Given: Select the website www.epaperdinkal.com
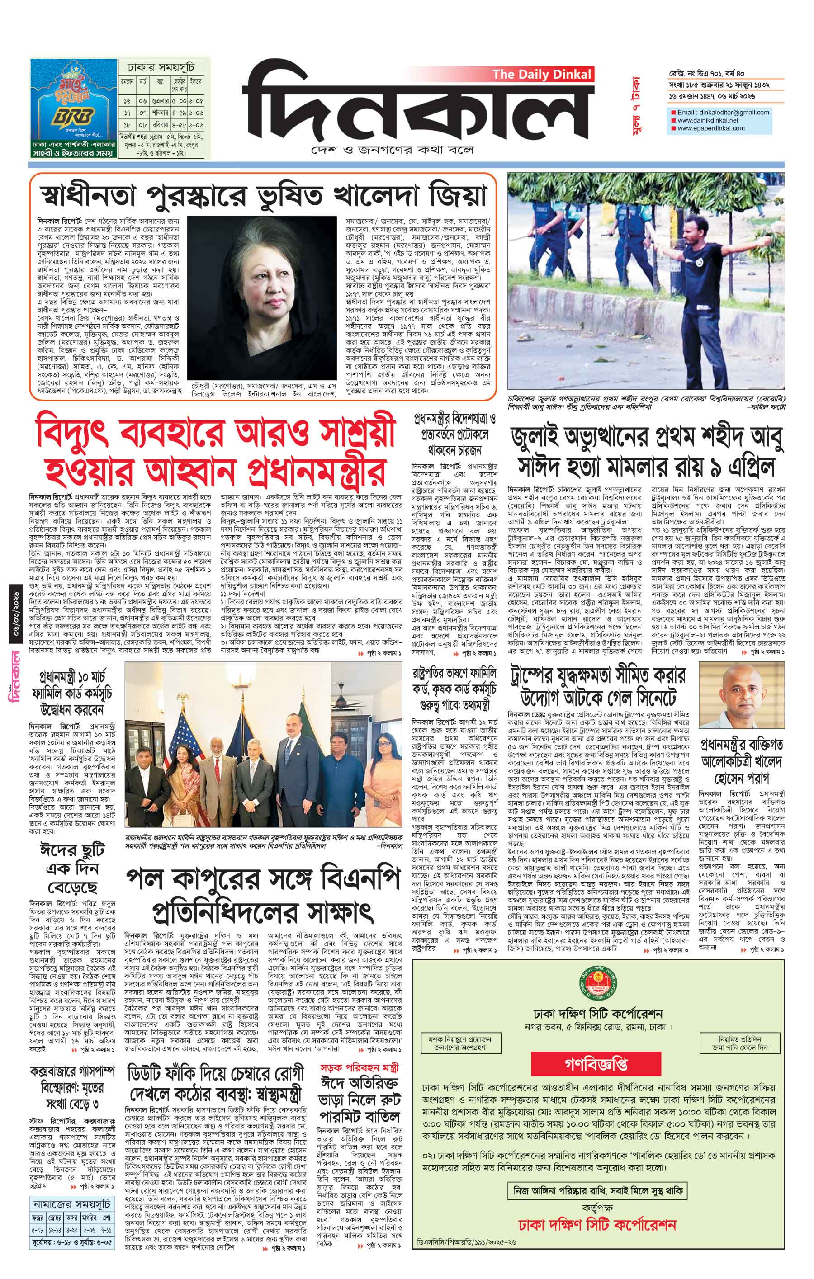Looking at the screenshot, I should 710,128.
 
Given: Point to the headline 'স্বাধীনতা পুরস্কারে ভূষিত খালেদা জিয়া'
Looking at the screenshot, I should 264,195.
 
